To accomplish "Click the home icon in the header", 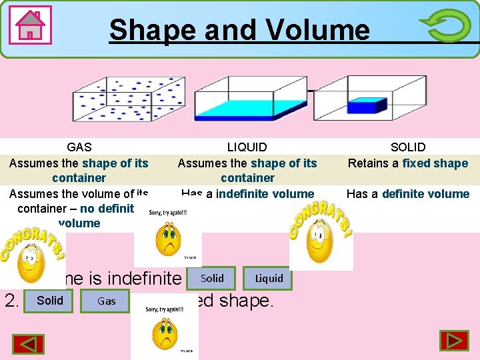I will click(31, 26).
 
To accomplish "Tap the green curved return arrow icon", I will click(445, 26).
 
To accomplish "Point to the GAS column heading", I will click(79, 147).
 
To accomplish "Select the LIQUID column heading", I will click(247, 147).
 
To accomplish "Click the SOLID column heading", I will click(407, 147).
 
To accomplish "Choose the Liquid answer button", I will click(269, 278).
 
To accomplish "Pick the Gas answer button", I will click(106, 301).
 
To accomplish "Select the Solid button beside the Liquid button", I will click(212, 278).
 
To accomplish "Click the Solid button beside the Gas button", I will click(50, 300).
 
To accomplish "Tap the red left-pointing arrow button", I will click(28, 344).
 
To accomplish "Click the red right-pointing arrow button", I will click(454, 341).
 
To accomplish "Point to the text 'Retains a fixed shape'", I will click(407, 163).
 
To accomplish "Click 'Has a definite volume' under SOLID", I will click(407, 194).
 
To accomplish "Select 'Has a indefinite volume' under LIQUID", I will click(247, 194).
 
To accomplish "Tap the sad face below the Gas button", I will click(165, 333).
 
